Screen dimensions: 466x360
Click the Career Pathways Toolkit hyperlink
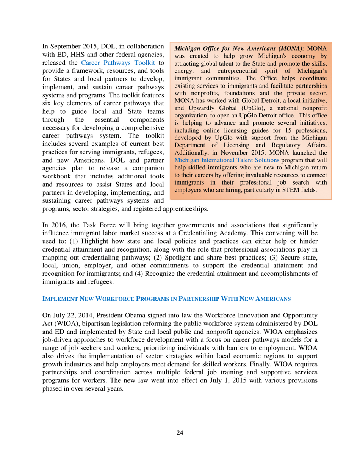tap(121, 63)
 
